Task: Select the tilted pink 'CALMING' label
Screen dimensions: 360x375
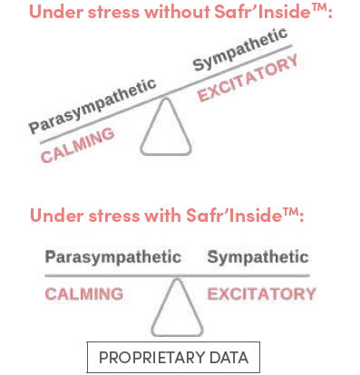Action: tap(78, 145)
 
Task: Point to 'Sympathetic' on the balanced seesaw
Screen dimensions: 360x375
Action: tap(258, 257)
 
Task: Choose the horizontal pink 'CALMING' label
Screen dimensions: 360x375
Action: tap(83, 293)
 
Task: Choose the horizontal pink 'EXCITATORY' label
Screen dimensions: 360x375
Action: tap(261, 293)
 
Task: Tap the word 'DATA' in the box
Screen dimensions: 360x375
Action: tap(232, 355)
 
